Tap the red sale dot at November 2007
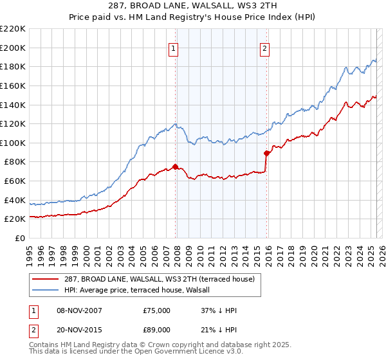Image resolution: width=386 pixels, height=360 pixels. pos(175,166)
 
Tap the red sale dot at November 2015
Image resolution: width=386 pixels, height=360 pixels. pos(266,153)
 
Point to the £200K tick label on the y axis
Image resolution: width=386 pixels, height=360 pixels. pos(13,48)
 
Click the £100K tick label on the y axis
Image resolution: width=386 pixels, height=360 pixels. pos(13,143)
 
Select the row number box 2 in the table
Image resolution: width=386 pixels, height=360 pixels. pos(32,330)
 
